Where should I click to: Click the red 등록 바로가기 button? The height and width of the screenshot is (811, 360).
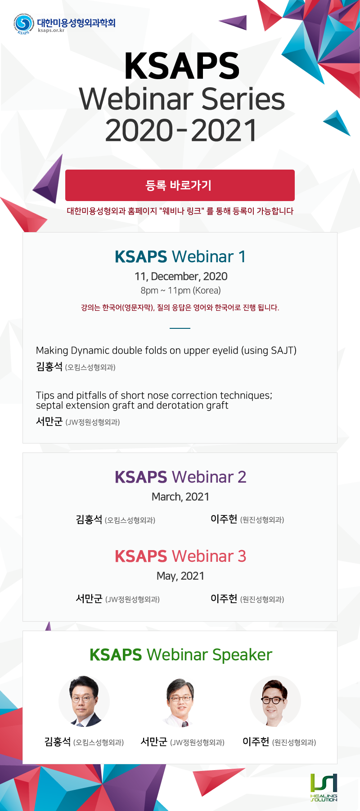[180, 185]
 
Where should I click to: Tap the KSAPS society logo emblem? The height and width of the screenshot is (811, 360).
[24, 24]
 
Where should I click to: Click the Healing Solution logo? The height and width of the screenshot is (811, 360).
[324, 787]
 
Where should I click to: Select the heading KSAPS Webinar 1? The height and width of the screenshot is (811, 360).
[180, 256]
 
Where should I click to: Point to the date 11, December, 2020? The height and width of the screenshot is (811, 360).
[181, 277]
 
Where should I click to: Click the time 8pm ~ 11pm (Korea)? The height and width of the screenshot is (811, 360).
[180, 291]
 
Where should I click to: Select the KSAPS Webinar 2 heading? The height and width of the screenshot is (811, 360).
[180, 477]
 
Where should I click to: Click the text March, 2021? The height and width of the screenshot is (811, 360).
[180, 497]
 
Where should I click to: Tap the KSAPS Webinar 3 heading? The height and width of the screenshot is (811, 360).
[180, 556]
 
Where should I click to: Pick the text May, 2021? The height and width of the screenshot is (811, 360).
[180, 576]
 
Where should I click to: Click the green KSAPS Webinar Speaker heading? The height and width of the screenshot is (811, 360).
[181, 655]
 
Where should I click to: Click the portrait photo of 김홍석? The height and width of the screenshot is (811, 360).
[84, 701]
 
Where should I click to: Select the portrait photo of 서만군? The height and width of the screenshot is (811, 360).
[180, 702]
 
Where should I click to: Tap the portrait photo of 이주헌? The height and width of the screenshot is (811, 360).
[275, 701]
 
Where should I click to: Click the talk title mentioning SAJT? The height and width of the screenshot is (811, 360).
[166, 350]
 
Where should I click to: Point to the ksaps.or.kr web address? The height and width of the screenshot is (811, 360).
[51, 31]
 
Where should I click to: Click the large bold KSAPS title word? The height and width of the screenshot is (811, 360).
[182, 67]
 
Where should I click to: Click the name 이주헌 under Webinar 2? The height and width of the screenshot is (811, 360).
[224, 519]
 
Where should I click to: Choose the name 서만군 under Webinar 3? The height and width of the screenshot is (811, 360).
[89, 599]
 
